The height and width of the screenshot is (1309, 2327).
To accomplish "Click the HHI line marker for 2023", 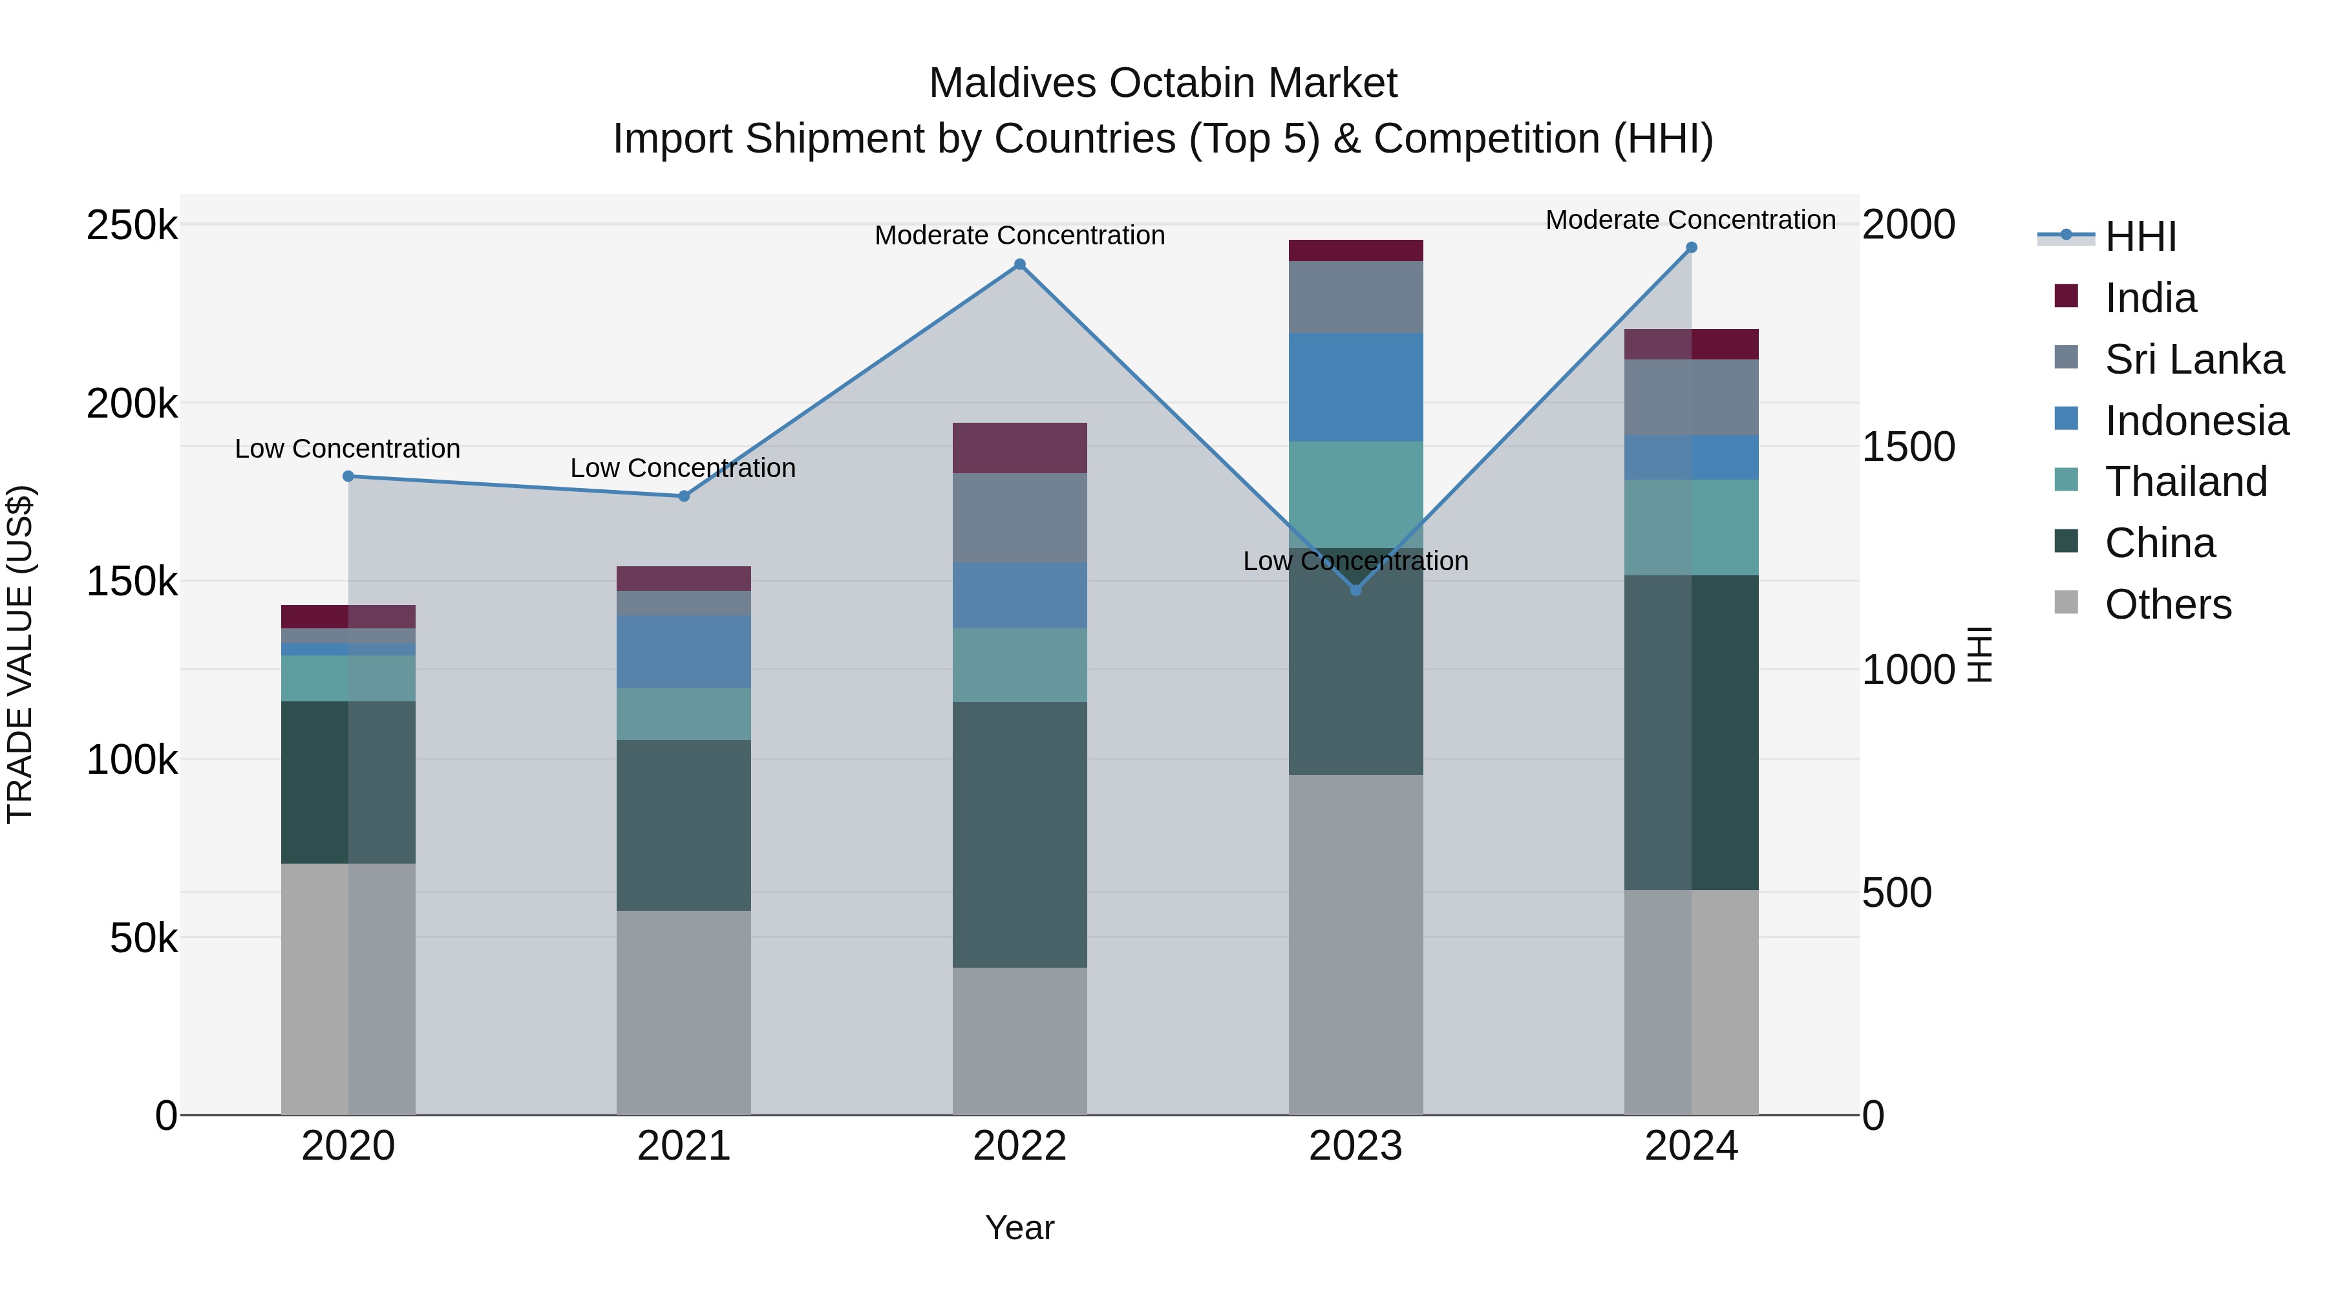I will [1355, 590].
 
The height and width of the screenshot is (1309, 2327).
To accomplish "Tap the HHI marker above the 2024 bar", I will [1691, 248].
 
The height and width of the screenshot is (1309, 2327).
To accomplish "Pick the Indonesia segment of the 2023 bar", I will [1355, 387].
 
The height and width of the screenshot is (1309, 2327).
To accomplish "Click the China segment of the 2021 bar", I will [683, 825].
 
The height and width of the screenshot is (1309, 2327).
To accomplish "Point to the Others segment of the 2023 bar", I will [1355, 944].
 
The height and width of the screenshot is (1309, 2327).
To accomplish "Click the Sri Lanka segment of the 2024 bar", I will [1691, 398].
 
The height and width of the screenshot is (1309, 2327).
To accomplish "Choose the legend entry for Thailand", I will [2185, 482].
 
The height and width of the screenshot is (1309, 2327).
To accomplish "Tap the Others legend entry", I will [2167, 604].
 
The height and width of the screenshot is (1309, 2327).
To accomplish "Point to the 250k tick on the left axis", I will [132, 225].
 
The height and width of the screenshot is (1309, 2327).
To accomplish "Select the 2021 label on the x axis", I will [683, 1146].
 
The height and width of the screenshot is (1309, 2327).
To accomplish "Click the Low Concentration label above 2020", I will [347, 449].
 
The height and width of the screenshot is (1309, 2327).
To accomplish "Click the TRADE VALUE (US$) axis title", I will [20, 654].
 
